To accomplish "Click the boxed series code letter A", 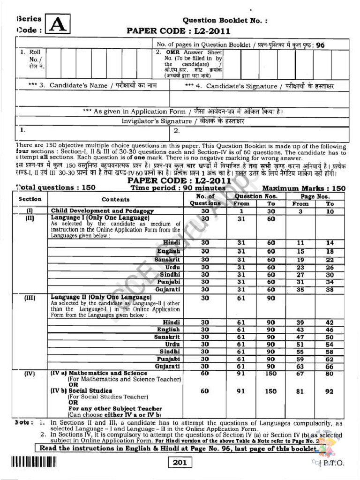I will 58,25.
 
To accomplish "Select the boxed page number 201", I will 180,463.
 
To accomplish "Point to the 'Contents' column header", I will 115,200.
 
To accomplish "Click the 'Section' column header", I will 30,199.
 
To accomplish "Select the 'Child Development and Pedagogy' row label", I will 102,211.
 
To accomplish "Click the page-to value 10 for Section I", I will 330,211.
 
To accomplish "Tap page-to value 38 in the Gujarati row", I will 330,290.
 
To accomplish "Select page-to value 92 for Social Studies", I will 330,391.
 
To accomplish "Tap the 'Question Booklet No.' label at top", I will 225,21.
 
